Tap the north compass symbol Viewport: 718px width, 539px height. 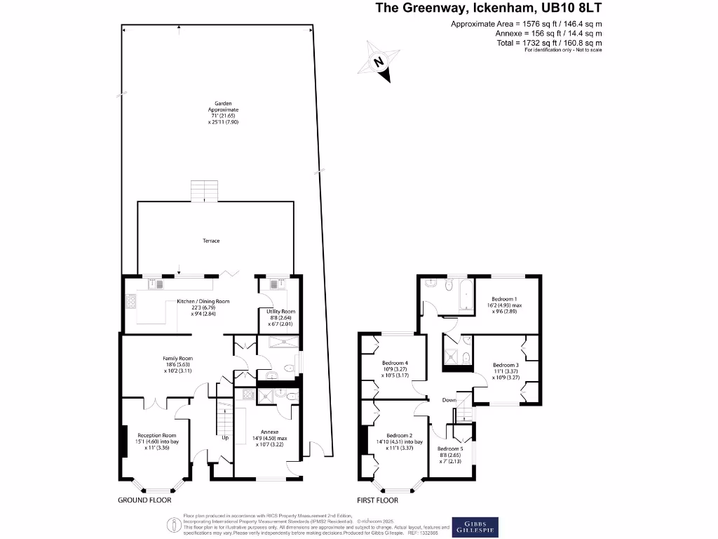[x=379, y=62]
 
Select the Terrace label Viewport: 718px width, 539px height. [x=211, y=241]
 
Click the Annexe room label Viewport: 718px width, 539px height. [x=270, y=436]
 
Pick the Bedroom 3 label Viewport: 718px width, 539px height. [x=506, y=368]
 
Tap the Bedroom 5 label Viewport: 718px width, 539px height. [x=451, y=453]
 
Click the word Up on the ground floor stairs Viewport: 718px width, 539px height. [x=225, y=437]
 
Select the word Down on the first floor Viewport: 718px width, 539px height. [x=449, y=400]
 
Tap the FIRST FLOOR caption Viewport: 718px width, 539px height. [x=377, y=500]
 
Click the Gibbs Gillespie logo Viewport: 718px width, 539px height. [x=476, y=526]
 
